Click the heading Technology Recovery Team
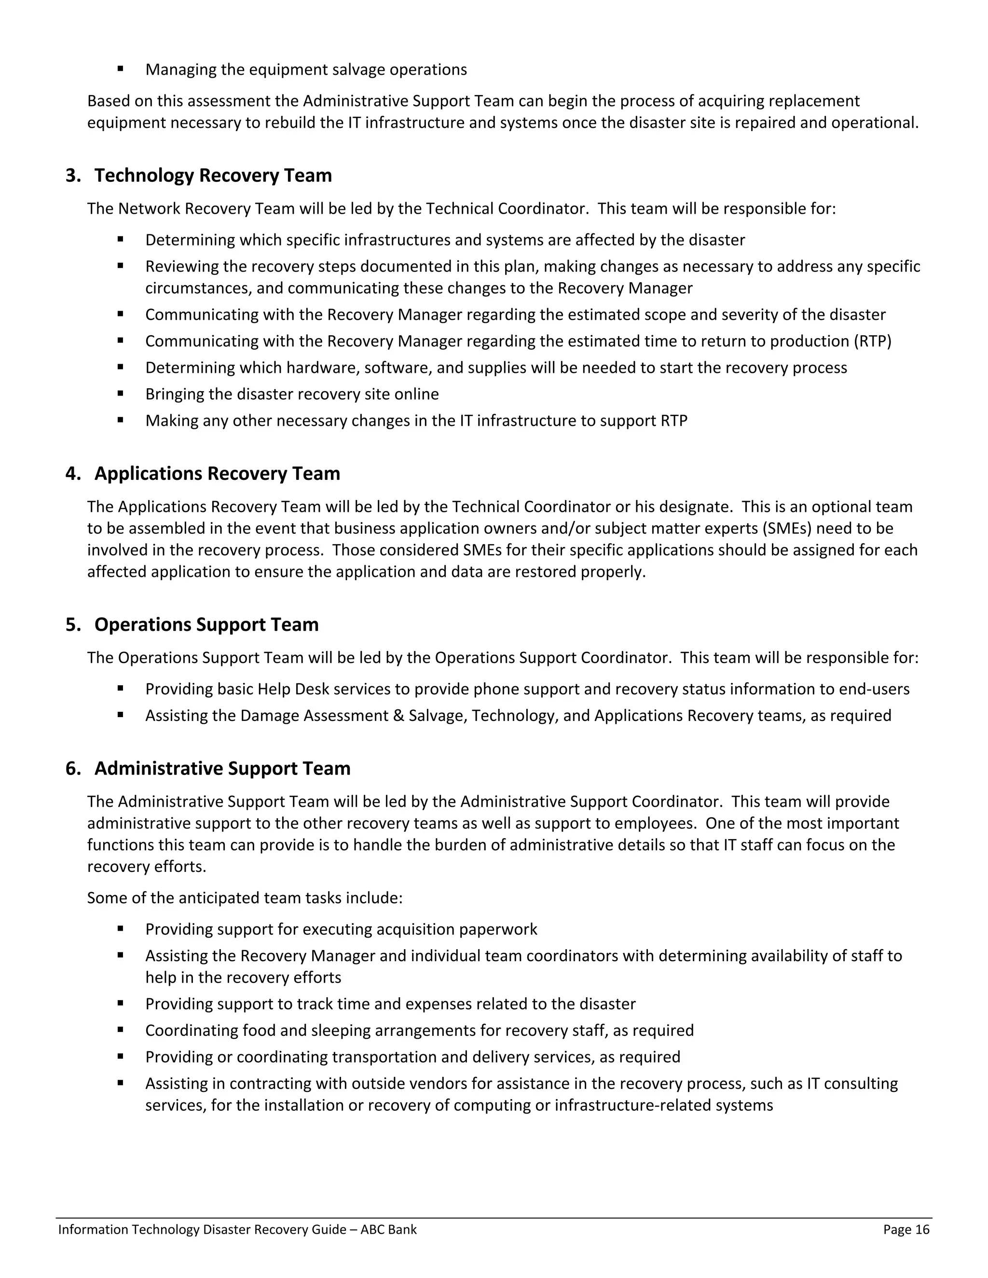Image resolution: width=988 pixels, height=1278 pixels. click(x=213, y=176)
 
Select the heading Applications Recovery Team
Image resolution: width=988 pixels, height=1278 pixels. click(x=217, y=474)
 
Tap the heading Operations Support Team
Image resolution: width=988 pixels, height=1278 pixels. click(x=206, y=625)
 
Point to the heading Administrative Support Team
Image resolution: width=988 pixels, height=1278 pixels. click(x=222, y=768)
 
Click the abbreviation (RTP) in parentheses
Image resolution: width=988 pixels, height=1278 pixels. click(x=872, y=341)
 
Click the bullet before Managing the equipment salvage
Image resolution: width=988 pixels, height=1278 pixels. click(x=121, y=69)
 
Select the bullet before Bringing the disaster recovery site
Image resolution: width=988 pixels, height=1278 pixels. click(x=121, y=394)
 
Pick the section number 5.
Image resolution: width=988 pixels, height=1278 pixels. click(x=72, y=625)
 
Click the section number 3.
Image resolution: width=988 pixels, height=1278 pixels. click(x=72, y=176)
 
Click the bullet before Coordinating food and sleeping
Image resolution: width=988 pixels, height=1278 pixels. click(x=121, y=1030)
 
